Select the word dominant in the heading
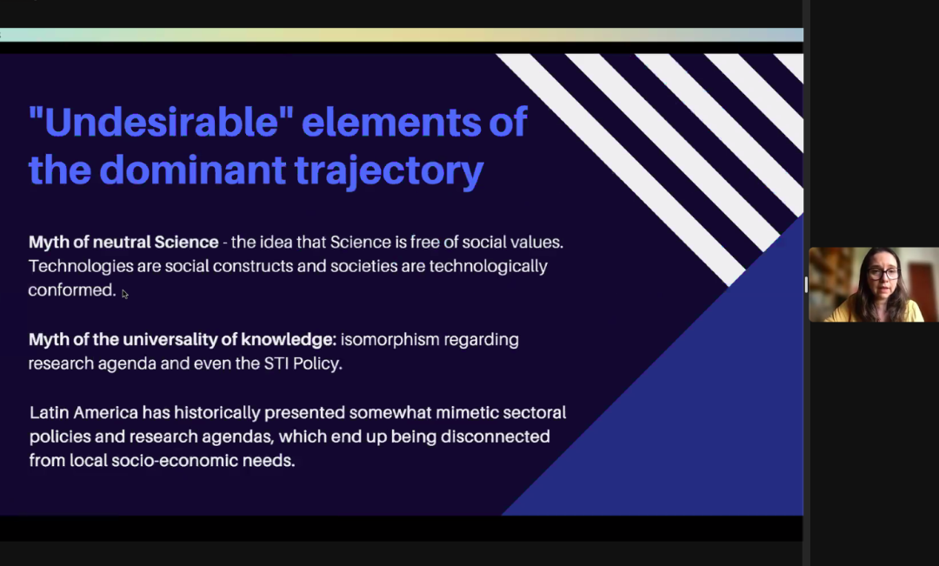point(192,170)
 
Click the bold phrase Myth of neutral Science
point(123,242)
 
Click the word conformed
point(72,290)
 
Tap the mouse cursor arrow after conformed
point(124,294)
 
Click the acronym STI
point(276,363)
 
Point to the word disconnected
point(496,436)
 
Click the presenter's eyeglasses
point(883,274)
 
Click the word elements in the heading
point(391,122)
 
